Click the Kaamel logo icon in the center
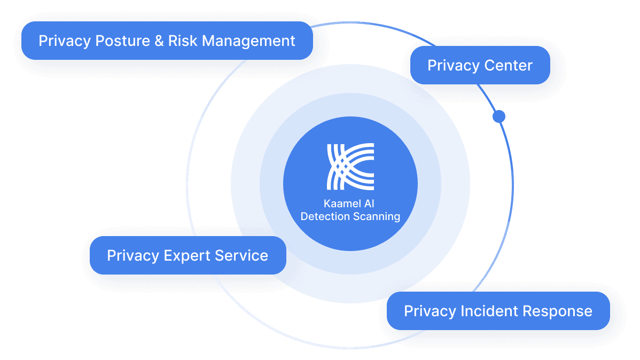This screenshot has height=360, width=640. pyautogui.click(x=350, y=166)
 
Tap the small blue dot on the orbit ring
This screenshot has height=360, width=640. pyautogui.click(x=499, y=116)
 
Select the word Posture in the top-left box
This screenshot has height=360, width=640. pyautogui.click(x=122, y=41)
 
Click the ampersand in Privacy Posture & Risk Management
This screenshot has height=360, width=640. pyautogui.click(x=159, y=41)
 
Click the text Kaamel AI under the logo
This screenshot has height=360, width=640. pyautogui.click(x=350, y=204)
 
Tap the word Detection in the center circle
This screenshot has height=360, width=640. pyautogui.click(x=323, y=216)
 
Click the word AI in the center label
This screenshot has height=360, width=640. pyautogui.click(x=371, y=204)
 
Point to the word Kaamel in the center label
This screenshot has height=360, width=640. pyautogui.click(x=343, y=204)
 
